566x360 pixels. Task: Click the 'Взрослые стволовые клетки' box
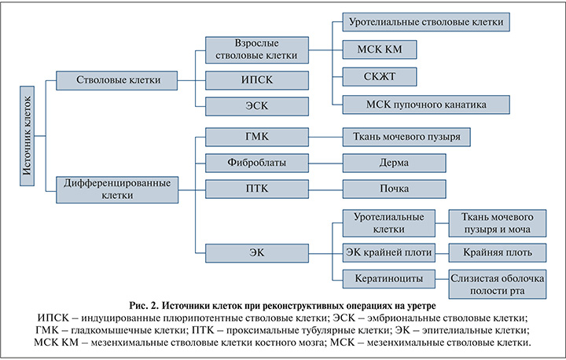[257, 50]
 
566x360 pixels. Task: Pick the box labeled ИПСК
[257, 79]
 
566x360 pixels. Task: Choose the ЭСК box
[257, 107]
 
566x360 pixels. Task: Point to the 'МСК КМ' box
[379, 49]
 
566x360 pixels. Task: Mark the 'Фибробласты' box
[257, 163]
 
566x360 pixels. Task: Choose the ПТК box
[257, 189]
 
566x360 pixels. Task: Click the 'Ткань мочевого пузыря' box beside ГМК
[406, 137]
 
